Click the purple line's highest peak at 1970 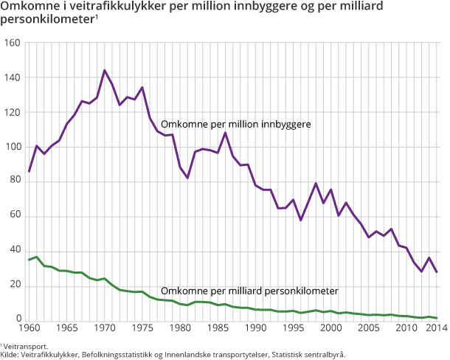tap(104, 71)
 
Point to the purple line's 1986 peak tap(225, 133)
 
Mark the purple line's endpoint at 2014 tap(437, 272)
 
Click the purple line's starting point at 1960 tap(28, 171)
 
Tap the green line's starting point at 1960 tap(28, 260)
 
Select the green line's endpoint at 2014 tap(437, 318)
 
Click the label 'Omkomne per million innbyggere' tap(235, 125)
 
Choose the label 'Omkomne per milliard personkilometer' tap(249, 290)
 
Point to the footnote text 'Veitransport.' tap(27, 345)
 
